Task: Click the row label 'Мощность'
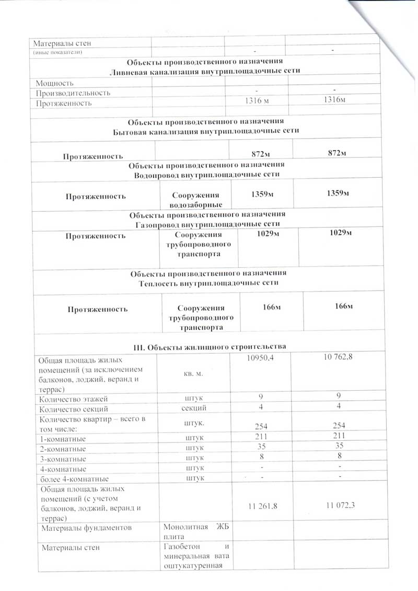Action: coord(55,83)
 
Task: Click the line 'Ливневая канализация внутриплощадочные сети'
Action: coord(207,72)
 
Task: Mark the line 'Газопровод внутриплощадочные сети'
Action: coord(207,223)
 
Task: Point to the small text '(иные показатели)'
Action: coord(58,53)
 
